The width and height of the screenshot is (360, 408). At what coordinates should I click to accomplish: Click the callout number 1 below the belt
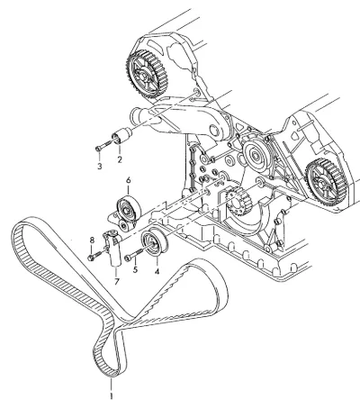click(x=112, y=395)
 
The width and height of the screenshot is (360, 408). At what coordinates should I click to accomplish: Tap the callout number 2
click(x=120, y=159)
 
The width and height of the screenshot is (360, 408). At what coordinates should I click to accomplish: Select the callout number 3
click(x=100, y=166)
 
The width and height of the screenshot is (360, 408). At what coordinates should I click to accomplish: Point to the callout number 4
click(x=157, y=272)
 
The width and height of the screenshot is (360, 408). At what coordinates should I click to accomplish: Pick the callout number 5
click(x=135, y=269)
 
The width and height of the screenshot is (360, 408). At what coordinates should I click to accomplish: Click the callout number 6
click(x=129, y=180)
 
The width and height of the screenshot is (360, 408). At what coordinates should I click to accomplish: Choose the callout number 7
click(x=116, y=281)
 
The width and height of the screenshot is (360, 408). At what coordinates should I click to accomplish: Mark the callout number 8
click(x=92, y=240)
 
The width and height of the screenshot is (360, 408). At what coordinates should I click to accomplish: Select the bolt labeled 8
click(x=97, y=254)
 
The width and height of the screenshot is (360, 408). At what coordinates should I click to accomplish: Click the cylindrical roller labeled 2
click(x=122, y=136)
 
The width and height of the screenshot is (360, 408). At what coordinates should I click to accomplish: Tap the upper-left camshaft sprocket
click(x=147, y=75)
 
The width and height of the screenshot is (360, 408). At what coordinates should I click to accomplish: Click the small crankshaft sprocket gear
click(x=238, y=201)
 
